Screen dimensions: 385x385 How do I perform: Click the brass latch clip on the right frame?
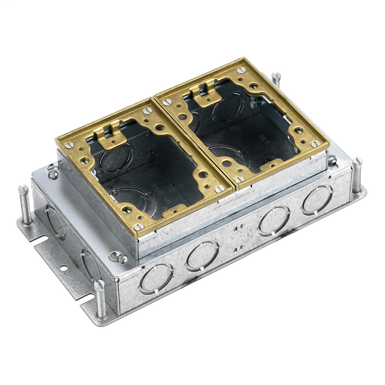coord(203,94)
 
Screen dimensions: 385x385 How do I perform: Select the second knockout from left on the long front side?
coord(202,256)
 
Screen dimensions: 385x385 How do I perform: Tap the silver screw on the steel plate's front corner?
coord(116,256)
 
